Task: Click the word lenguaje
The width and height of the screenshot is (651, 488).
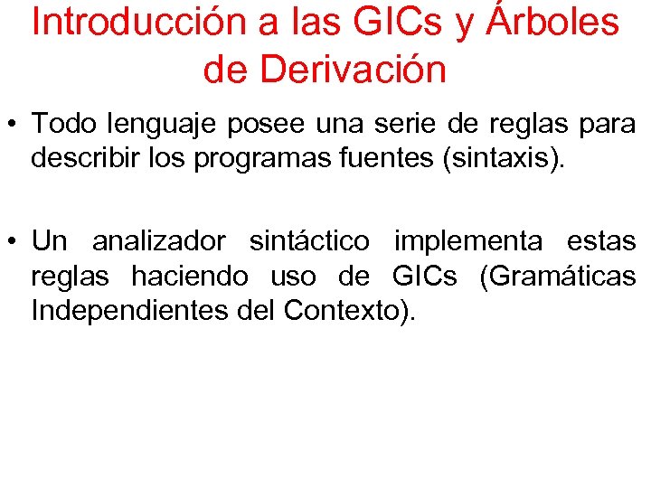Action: click(163, 123)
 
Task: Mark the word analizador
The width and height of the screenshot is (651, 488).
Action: click(158, 241)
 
